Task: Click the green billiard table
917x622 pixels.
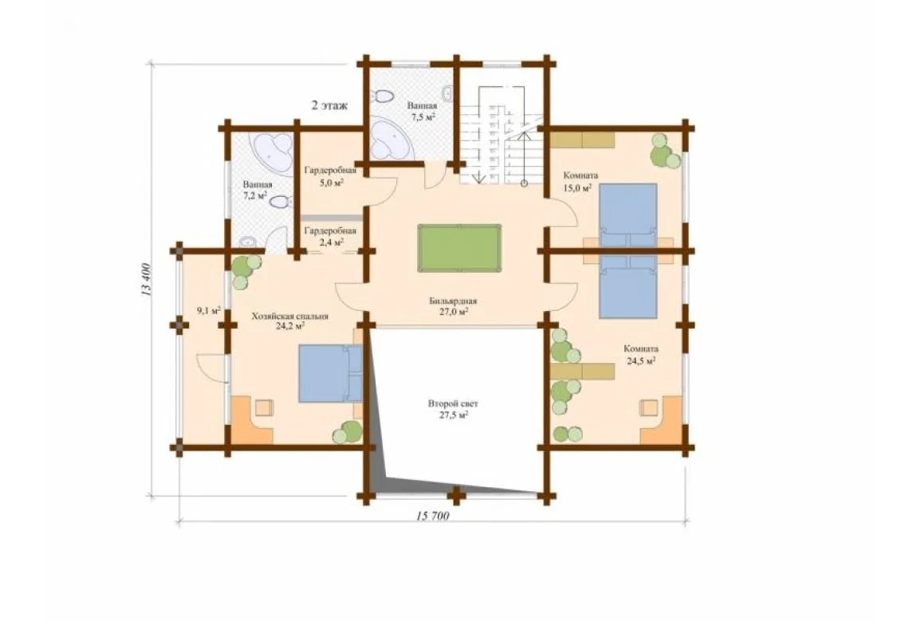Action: [459, 247]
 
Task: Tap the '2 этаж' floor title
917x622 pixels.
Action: [329, 106]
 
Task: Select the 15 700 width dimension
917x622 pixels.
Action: [433, 516]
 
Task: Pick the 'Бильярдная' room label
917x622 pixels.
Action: [453, 301]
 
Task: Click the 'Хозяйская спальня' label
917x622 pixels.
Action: [290, 317]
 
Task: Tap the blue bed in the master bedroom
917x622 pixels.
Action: [331, 373]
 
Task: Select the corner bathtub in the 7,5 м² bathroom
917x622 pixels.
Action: [392, 138]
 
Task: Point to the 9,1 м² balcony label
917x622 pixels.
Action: [209, 310]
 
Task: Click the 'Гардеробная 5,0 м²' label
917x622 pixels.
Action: [330, 176]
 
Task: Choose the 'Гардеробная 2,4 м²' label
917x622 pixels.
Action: [330, 236]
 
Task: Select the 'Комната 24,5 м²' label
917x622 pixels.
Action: [641, 355]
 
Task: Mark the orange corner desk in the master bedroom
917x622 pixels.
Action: [251, 419]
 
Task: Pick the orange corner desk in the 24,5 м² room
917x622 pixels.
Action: [662, 419]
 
